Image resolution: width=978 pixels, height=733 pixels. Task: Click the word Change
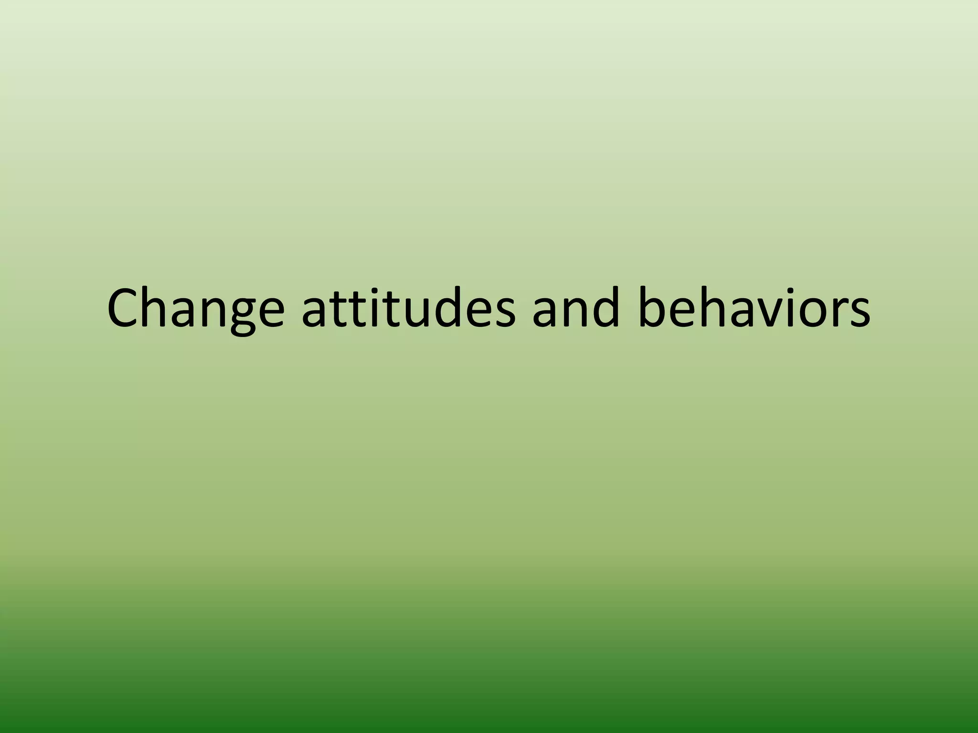pyautogui.click(x=196, y=309)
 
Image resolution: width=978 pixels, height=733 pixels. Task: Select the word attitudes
pyautogui.click(x=408, y=309)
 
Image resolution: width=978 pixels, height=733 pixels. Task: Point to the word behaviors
pyautogui.click(x=755, y=309)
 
